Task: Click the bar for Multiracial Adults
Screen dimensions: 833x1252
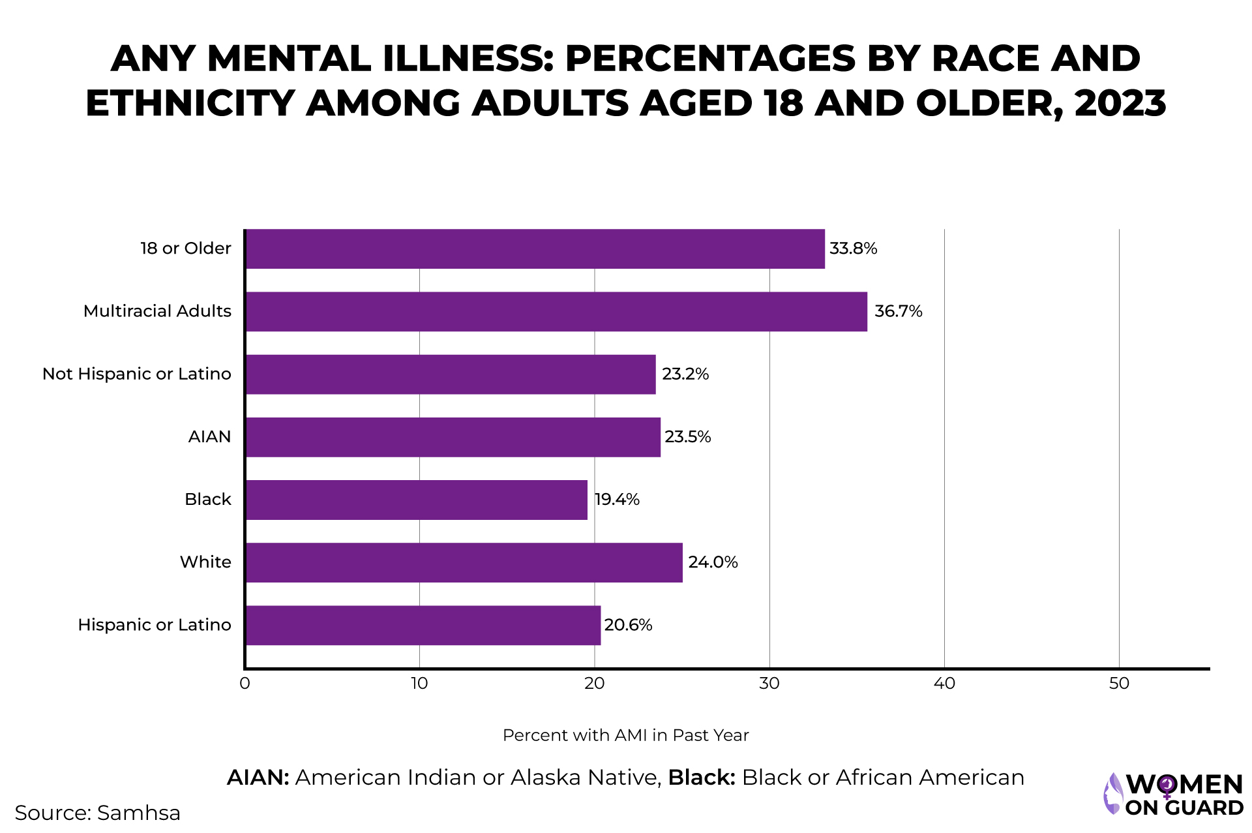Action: click(x=556, y=312)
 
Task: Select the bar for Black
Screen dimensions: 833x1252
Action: click(x=416, y=500)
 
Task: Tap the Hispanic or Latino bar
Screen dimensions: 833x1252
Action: click(x=423, y=626)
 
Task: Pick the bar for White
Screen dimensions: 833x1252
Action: click(x=464, y=563)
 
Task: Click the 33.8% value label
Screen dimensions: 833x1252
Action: click(x=853, y=249)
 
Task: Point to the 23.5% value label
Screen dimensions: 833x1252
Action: click(x=687, y=437)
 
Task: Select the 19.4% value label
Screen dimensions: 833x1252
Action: click(x=617, y=500)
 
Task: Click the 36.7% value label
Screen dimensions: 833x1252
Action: click(x=898, y=311)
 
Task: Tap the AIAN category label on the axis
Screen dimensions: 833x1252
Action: click(x=209, y=437)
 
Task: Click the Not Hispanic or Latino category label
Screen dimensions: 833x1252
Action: click(x=137, y=374)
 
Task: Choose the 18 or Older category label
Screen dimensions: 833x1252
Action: click(x=186, y=249)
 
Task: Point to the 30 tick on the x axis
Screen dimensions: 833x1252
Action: click(x=769, y=684)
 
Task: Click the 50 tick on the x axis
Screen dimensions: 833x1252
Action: click(x=1119, y=684)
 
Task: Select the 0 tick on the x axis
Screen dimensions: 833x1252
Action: click(x=245, y=684)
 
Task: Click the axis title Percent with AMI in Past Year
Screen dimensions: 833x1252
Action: click(x=625, y=736)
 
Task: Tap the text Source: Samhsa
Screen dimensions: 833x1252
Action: click(x=98, y=813)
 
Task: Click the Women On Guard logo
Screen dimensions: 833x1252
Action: click(x=1173, y=794)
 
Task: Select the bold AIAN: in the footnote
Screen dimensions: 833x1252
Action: click(x=258, y=778)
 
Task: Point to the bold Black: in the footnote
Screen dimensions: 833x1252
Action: click(x=702, y=778)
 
